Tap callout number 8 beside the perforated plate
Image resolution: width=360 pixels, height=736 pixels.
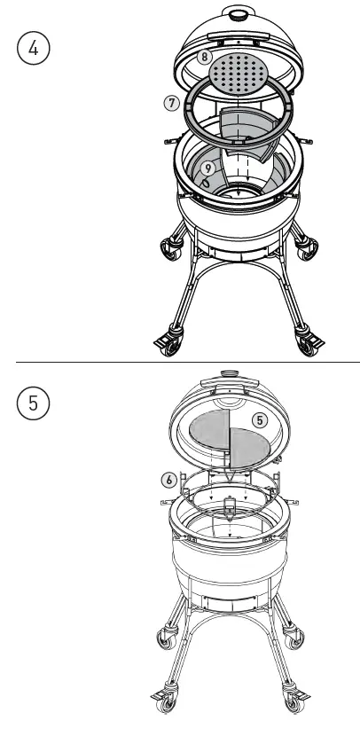click(x=204, y=58)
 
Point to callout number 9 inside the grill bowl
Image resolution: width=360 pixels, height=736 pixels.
click(x=206, y=166)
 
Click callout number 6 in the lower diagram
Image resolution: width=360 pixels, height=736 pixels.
click(x=168, y=480)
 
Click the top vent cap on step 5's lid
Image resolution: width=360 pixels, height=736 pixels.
click(x=234, y=378)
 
